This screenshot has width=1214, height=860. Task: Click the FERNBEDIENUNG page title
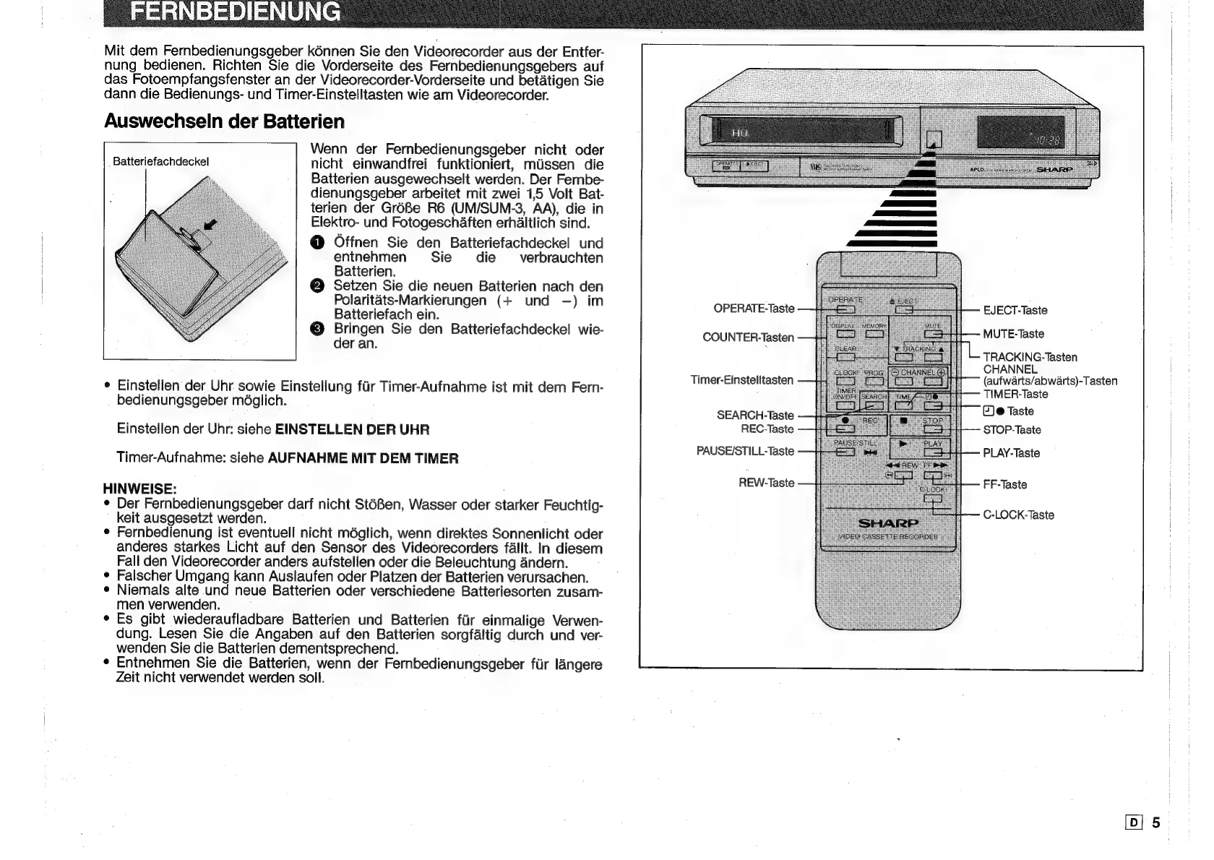(x=234, y=12)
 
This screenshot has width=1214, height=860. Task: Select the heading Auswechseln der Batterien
(x=224, y=121)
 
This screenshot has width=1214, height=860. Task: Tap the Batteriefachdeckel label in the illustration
(x=161, y=162)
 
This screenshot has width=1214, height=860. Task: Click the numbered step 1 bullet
(x=318, y=243)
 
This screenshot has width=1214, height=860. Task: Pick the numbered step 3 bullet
(x=318, y=330)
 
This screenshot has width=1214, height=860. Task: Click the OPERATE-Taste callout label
(x=753, y=309)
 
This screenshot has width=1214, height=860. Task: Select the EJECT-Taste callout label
(x=1015, y=311)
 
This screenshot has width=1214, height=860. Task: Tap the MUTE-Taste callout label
(x=1013, y=334)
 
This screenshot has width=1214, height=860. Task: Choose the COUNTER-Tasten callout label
(x=748, y=337)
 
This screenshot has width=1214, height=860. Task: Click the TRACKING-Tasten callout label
(x=1030, y=357)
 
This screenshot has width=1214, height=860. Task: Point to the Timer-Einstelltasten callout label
(x=741, y=380)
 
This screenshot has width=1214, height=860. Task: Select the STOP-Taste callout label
(x=1012, y=430)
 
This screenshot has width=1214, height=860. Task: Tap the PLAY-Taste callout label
(x=1011, y=453)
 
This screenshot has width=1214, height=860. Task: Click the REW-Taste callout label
(x=766, y=483)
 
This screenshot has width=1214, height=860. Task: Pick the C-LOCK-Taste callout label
(x=1018, y=515)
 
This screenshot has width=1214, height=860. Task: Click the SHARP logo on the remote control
(x=888, y=523)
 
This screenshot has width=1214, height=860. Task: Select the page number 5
(x=1156, y=822)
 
